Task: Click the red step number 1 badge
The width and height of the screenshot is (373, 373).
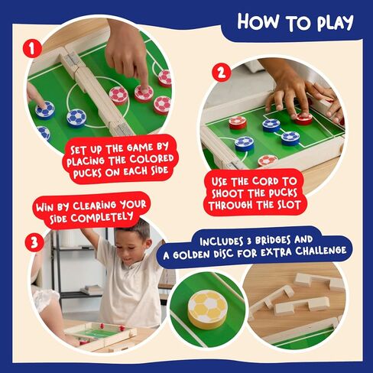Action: point(31,50)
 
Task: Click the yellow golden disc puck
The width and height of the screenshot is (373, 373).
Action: point(207,307)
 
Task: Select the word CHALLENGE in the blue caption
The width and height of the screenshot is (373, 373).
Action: point(315,251)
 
